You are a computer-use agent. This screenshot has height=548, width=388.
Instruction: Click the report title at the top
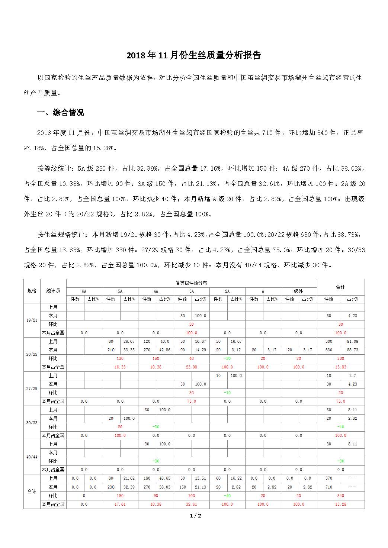click(194, 55)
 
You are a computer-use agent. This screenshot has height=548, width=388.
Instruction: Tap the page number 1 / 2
click(195, 516)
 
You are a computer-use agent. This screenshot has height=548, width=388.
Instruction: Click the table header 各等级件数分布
click(191, 283)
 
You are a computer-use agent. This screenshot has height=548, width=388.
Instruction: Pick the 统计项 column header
click(53, 291)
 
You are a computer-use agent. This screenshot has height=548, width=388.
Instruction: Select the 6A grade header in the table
click(84, 291)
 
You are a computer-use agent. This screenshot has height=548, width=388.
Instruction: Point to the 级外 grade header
click(298, 291)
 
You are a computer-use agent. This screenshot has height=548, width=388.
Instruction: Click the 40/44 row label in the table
click(32, 457)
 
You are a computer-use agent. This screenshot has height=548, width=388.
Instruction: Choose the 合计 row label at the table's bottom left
click(32, 491)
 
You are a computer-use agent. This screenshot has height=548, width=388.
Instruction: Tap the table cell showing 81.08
click(352, 341)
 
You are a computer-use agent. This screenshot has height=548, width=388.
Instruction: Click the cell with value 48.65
click(164, 478)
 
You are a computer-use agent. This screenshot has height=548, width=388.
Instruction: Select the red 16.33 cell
click(120, 367)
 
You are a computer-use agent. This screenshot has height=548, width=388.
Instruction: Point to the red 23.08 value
click(191, 367)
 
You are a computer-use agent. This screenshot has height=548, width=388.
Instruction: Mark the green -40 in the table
click(227, 496)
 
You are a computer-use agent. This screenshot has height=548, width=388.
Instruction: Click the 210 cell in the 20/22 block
click(111, 350)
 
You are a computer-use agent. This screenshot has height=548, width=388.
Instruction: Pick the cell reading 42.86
click(164, 350)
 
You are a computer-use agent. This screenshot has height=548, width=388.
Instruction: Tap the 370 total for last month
click(328, 478)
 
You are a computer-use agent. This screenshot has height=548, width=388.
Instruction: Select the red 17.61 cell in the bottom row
click(120, 504)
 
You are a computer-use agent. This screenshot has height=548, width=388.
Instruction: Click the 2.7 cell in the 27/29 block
click(352, 375)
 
